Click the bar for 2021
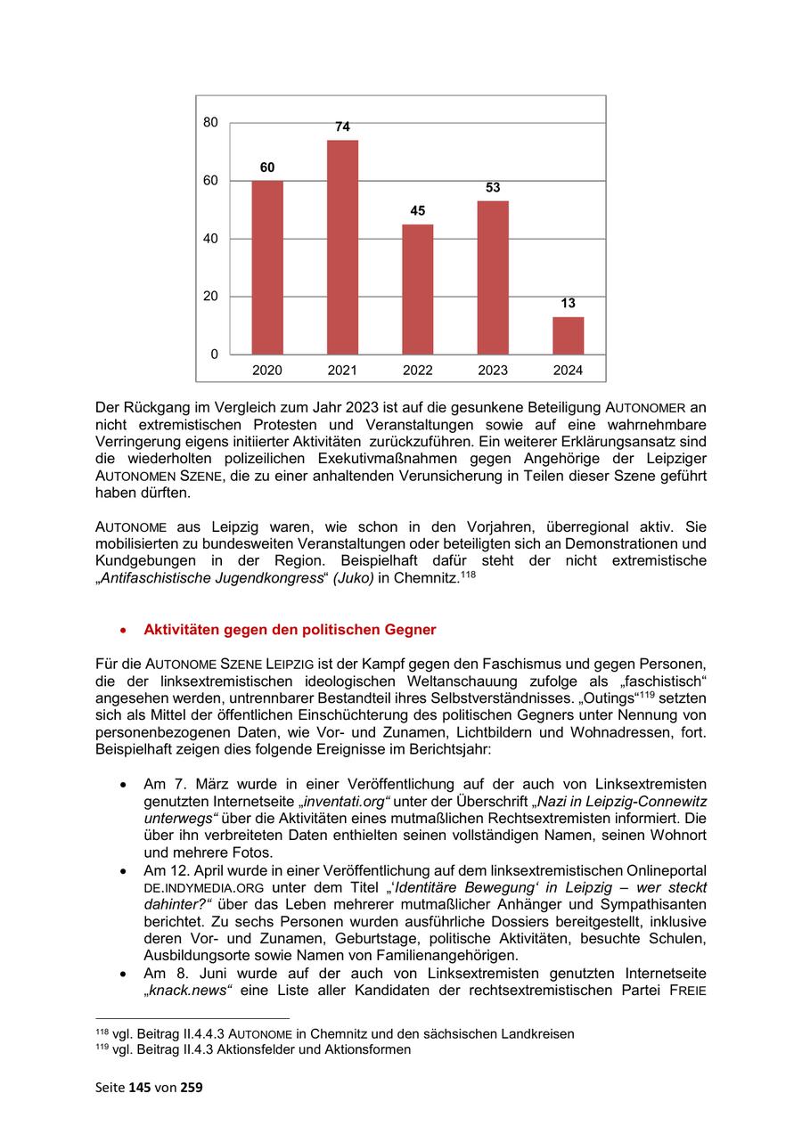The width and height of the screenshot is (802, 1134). pos(342,247)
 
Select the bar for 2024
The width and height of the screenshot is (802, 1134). pos(568,335)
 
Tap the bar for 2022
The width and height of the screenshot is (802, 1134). pos(417,289)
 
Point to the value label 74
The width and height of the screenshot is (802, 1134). pos(342,127)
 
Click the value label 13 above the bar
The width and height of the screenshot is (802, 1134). pos(568,304)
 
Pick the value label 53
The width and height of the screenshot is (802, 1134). pos(493,188)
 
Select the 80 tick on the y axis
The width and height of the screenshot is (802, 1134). pos(210,123)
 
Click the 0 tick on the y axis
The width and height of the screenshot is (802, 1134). pos(214,355)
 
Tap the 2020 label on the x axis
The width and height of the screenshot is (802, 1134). pos(266,370)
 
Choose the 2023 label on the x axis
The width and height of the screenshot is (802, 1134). pos(493,370)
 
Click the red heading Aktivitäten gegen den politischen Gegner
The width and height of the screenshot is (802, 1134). pos(290,630)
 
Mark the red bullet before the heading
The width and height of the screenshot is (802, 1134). pos(124,631)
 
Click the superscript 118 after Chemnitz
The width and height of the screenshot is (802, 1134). pos(466,575)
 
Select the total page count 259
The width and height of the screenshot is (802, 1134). pos(192,1087)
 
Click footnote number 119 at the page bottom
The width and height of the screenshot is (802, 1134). pos(101,1048)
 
